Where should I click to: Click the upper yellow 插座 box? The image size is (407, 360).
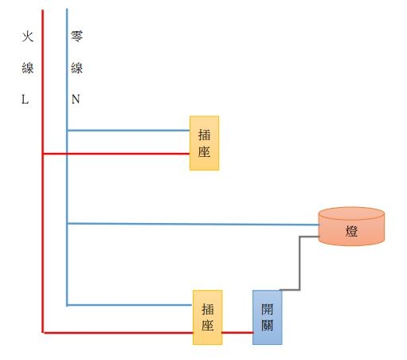(204, 143)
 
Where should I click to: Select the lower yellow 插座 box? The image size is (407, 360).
(207, 317)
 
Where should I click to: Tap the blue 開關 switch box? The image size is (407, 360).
(268, 317)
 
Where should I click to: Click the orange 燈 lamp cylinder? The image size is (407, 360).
(351, 226)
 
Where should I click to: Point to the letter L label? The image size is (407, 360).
(25, 100)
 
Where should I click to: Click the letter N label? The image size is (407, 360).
(76, 99)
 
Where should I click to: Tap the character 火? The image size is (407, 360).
(28, 37)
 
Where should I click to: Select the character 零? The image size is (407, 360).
(76, 36)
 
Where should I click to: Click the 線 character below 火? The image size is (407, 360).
(28, 68)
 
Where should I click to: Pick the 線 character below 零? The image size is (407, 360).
(76, 68)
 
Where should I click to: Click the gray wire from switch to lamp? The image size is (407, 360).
(299, 263)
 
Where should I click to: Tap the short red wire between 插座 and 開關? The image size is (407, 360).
(237, 332)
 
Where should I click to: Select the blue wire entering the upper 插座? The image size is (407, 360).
(128, 131)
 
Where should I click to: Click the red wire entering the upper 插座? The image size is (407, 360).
(116, 154)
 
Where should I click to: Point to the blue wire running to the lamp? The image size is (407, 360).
(193, 224)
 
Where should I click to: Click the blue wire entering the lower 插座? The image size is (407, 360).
(129, 305)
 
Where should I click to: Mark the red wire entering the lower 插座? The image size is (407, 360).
(118, 332)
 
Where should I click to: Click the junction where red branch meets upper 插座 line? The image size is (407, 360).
(43, 154)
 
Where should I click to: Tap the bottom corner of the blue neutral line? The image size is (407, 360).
(67, 305)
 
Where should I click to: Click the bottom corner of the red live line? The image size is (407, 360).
(43, 332)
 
